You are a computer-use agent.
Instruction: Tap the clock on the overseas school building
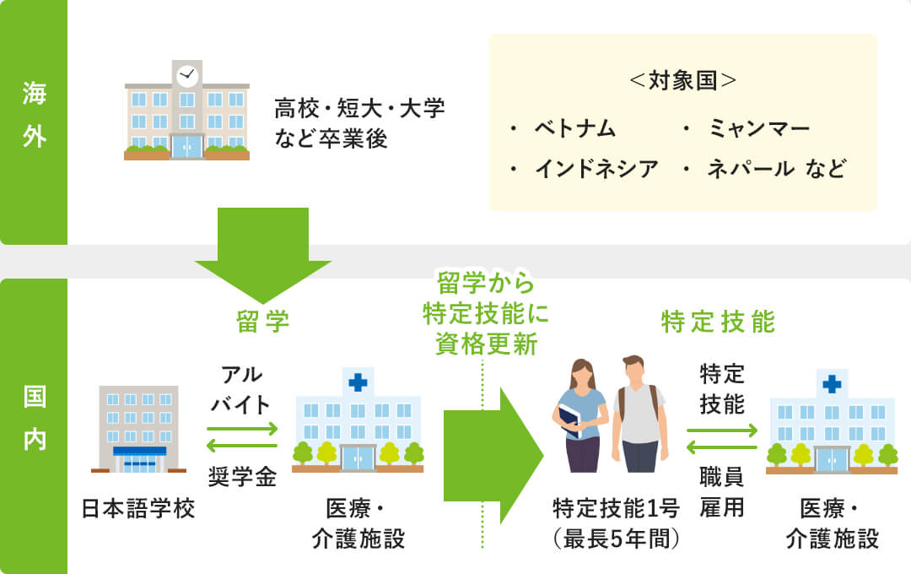pos(186,75)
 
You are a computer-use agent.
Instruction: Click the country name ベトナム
pos(574,128)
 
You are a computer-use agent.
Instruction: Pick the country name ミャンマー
pos(758,128)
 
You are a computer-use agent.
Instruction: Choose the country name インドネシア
pos(596,169)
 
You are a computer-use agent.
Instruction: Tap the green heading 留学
pos(262,322)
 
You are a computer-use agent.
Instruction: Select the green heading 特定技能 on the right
pos(718,322)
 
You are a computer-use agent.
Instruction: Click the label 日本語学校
pos(138,509)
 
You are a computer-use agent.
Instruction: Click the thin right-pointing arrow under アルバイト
pos(242,429)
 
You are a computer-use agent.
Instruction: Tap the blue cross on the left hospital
pos(358,382)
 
